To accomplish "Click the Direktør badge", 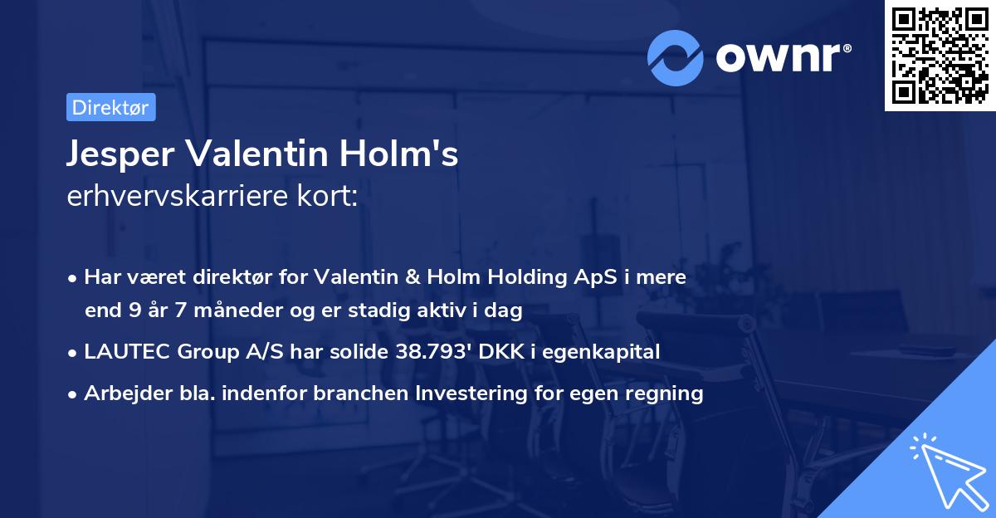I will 110,107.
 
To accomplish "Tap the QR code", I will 939,56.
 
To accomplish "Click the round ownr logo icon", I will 676,57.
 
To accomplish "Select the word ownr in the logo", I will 782,57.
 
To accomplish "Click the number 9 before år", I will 134,311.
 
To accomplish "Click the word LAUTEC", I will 123,352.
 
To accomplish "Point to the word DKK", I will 500,352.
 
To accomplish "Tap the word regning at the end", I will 666,393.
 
